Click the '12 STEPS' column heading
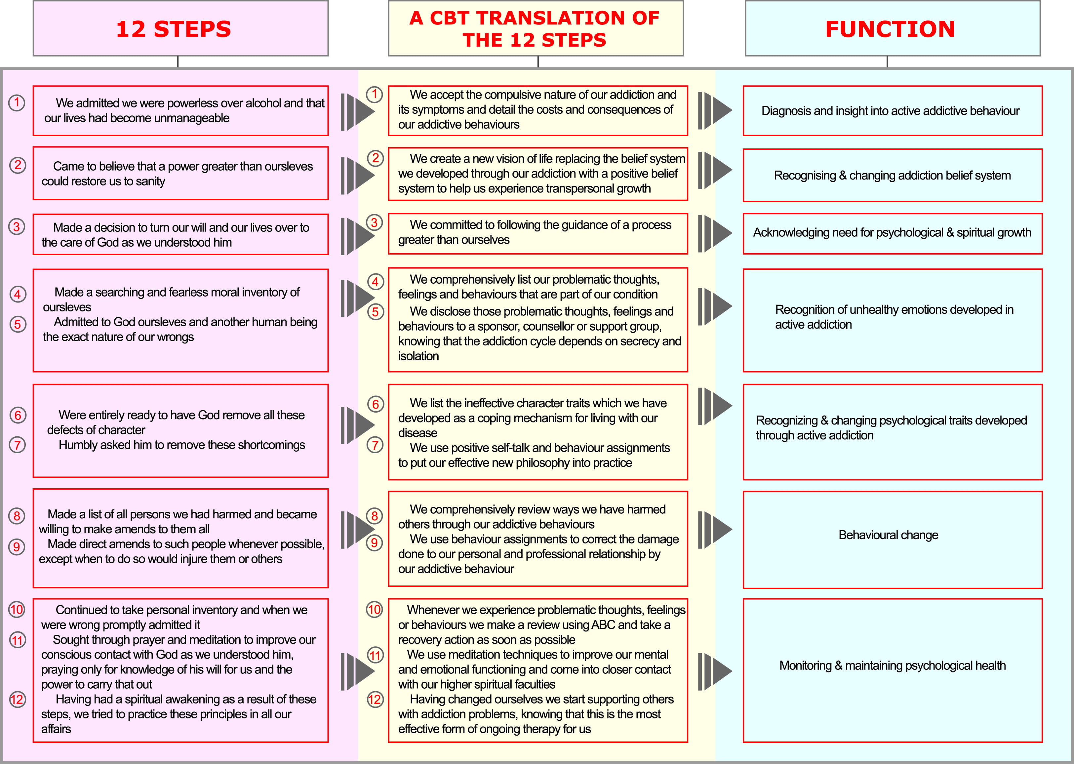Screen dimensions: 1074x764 point(174,29)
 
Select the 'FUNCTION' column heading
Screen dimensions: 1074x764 point(890,29)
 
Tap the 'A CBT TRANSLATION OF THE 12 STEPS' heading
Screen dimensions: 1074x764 point(535,29)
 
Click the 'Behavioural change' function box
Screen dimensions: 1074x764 point(893,540)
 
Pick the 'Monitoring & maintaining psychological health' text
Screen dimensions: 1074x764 point(893,665)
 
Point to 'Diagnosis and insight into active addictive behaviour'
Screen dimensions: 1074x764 point(891,110)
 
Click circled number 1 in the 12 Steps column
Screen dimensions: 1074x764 point(17,102)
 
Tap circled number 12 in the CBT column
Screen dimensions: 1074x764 point(375,699)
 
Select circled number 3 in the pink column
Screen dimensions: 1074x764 point(17,227)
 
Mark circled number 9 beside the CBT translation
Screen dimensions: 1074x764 point(375,543)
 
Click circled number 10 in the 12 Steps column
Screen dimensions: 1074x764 point(17,610)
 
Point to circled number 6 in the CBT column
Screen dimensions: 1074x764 point(376,404)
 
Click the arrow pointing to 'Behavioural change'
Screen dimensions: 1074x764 point(715,530)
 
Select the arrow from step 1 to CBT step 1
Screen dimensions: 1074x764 point(358,112)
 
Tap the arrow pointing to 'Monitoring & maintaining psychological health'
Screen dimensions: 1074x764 point(715,671)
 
